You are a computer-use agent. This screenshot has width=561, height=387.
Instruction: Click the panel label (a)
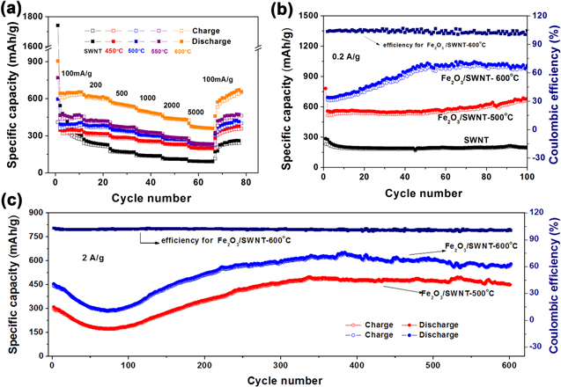pos(13,11)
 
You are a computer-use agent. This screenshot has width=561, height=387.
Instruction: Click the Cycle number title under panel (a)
pos(146,190)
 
